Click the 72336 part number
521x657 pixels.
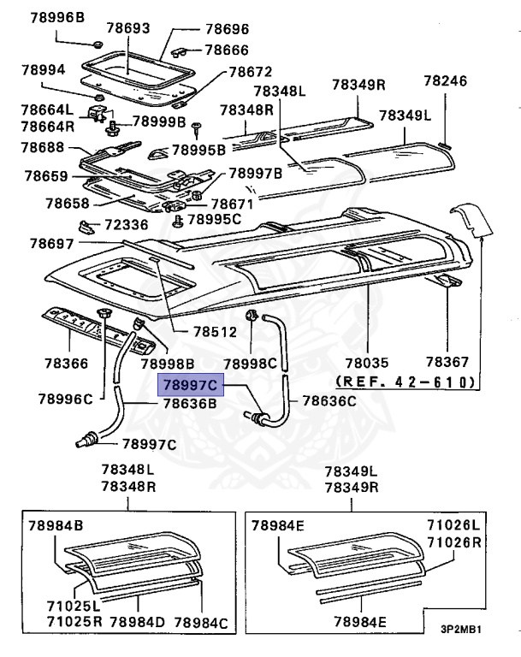coord(127,225)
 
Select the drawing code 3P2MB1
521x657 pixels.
coord(461,630)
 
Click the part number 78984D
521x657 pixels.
coord(136,622)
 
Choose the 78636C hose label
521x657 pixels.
coord(327,400)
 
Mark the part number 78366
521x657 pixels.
coord(66,363)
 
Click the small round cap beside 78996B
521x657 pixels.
coord(97,44)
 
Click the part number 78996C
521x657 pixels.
coord(66,399)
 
